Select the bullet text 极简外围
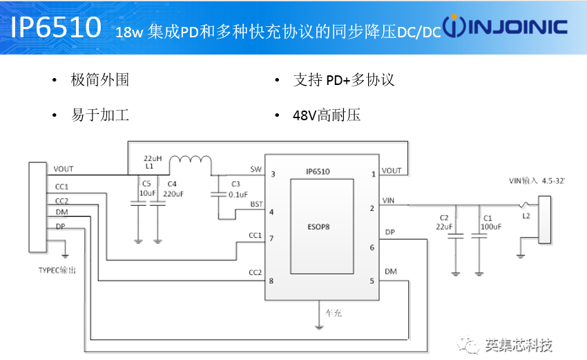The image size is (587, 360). point(99,79)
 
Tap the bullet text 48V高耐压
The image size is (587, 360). point(326,115)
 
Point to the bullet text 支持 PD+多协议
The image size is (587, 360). point(343,79)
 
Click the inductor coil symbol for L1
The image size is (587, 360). point(190,162)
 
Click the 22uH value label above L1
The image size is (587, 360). point(153,158)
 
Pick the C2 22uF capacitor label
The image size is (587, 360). point(444,221)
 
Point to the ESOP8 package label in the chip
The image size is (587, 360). point(320,225)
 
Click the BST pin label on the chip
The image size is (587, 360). point(256,204)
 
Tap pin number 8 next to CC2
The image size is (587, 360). point(272,281)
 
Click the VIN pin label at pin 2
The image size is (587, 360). point(390,200)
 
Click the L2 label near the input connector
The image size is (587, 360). point(526,216)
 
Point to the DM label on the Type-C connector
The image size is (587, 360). point(60,213)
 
